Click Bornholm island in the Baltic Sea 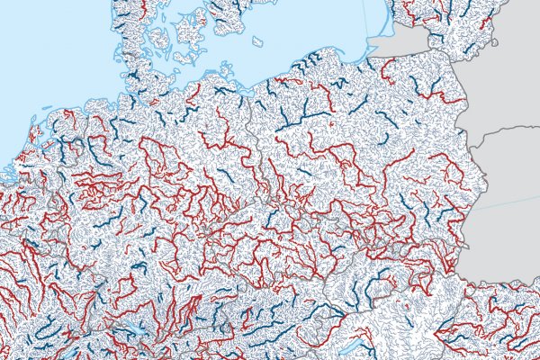click(258, 40)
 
